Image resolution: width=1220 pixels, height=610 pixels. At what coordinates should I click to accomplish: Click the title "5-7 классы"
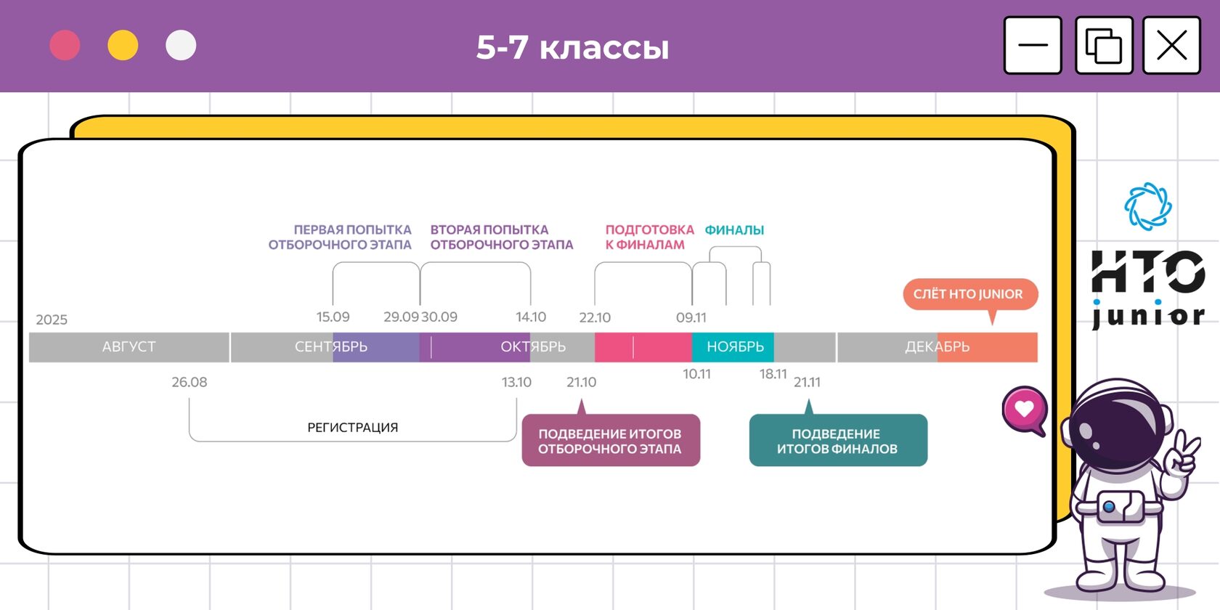tap(572, 48)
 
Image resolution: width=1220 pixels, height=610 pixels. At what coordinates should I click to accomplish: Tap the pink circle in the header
tap(65, 45)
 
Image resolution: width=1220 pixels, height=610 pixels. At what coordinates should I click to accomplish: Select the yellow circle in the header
tap(123, 45)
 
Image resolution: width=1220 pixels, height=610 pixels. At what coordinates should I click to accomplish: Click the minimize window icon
tap(1033, 45)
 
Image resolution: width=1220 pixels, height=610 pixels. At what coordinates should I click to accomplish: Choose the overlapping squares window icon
tap(1104, 45)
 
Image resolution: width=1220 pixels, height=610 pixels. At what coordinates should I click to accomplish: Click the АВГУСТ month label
tap(129, 347)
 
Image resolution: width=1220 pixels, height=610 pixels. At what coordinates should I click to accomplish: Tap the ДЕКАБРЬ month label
tap(937, 347)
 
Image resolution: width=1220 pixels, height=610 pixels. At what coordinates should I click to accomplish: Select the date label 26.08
tap(190, 382)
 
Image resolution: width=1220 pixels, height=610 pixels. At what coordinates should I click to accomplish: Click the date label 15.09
tap(333, 317)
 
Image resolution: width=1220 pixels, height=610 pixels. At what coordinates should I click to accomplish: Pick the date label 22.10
tap(595, 317)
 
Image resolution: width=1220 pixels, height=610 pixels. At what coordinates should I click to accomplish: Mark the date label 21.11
tap(807, 382)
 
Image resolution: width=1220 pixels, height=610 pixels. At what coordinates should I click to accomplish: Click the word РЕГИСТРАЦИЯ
tap(352, 428)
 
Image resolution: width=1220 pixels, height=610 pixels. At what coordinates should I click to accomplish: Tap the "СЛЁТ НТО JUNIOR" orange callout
tap(969, 294)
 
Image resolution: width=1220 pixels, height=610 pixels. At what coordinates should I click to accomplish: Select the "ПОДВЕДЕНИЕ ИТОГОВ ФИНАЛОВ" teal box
tap(837, 441)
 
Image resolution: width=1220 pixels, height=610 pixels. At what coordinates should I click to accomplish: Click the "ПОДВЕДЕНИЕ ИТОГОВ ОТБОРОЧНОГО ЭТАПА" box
tap(610, 441)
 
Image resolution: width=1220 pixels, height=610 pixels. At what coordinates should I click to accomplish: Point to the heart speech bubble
tap(1024, 409)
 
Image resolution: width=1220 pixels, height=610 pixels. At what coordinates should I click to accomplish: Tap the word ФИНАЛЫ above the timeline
tap(734, 230)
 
